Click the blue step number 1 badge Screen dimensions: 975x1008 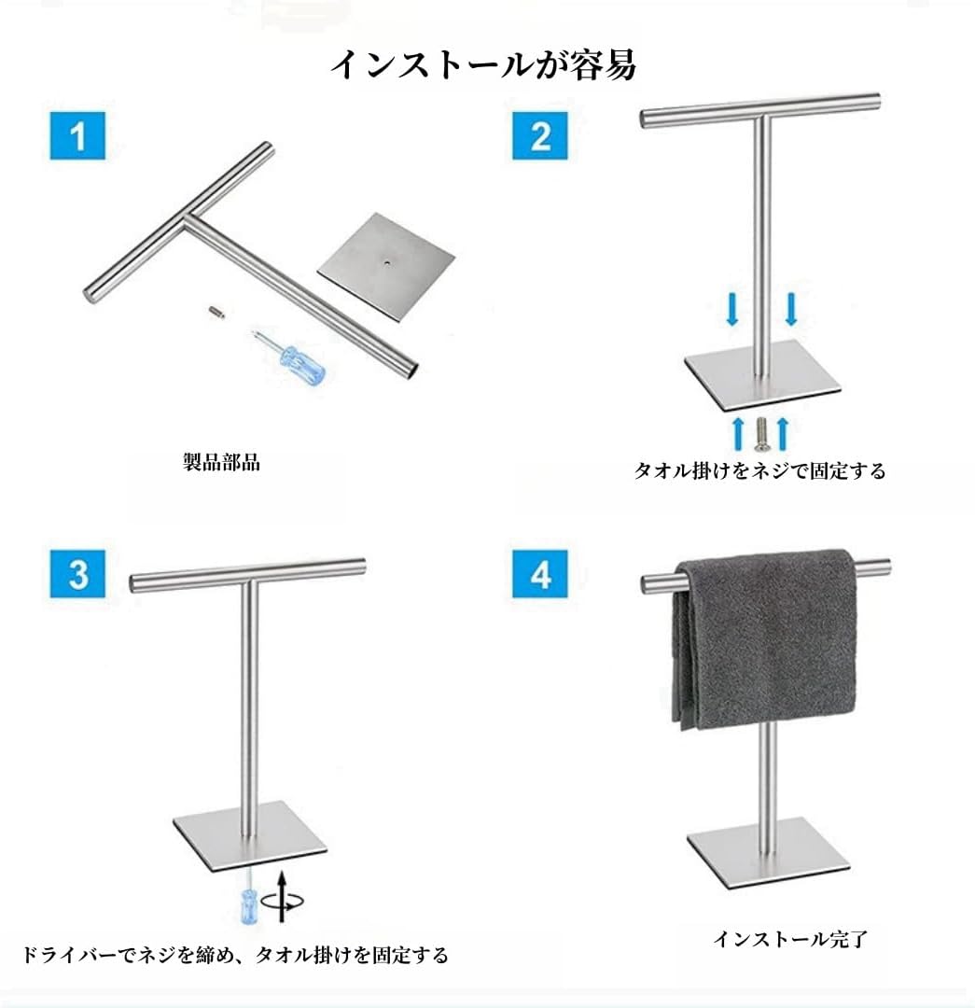(x=77, y=135)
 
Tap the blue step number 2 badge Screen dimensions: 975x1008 (x=540, y=135)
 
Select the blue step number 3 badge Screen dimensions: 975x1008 (x=77, y=574)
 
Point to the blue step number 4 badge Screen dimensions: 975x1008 (x=540, y=574)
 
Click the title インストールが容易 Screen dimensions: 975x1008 (x=483, y=65)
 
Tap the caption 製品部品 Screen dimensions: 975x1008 (x=222, y=462)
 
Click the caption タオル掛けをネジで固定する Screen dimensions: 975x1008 (x=759, y=470)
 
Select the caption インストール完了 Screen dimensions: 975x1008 (x=790, y=939)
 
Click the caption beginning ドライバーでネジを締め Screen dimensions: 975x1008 (x=235, y=955)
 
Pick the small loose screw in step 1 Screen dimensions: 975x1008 (x=218, y=312)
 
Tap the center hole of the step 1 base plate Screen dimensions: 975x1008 (x=387, y=261)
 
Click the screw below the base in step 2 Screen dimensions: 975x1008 (x=761, y=434)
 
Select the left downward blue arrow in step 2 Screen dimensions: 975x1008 (x=731, y=309)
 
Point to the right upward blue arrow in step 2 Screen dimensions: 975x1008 (x=782, y=433)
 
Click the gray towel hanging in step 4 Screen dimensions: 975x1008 (x=765, y=639)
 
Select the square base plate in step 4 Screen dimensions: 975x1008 (x=768, y=852)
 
